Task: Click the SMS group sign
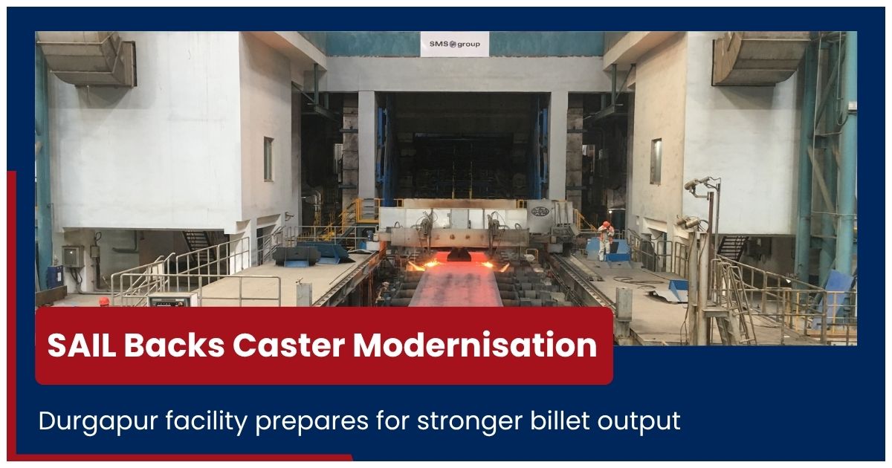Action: click(x=455, y=44)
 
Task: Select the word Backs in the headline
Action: click(x=174, y=345)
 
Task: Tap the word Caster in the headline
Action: click(x=288, y=345)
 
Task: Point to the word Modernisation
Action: click(x=475, y=345)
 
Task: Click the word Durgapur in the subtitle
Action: click(x=98, y=422)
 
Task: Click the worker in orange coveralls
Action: click(x=605, y=241)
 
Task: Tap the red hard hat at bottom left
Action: click(x=104, y=302)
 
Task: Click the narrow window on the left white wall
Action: click(x=268, y=159)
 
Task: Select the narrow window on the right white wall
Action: click(x=656, y=161)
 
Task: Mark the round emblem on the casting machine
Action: click(x=540, y=211)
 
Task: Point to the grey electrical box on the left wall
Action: click(x=74, y=257)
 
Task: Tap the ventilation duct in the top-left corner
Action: click(x=88, y=59)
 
